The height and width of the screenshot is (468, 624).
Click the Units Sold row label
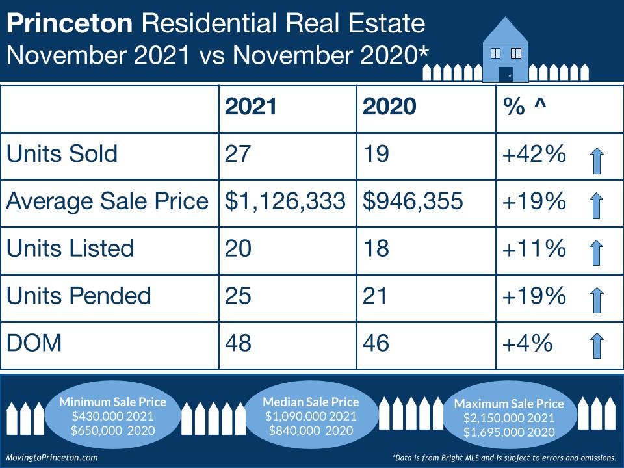point(62,154)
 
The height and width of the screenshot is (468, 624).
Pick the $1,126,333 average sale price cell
point(285,201)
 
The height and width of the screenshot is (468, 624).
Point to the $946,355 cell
point(413,201)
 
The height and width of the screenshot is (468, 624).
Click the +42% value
point(534,155)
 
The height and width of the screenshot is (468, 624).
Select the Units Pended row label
point(79,296)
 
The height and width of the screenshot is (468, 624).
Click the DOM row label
point(34,343)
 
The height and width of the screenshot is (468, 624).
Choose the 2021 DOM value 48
point(238,343)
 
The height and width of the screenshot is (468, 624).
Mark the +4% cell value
point(527,343)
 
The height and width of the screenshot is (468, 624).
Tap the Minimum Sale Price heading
point(112,402)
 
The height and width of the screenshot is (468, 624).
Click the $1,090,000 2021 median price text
point(311,416)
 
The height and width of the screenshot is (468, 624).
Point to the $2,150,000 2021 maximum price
point(509,418)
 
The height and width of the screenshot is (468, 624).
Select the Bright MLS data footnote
point(504,457)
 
